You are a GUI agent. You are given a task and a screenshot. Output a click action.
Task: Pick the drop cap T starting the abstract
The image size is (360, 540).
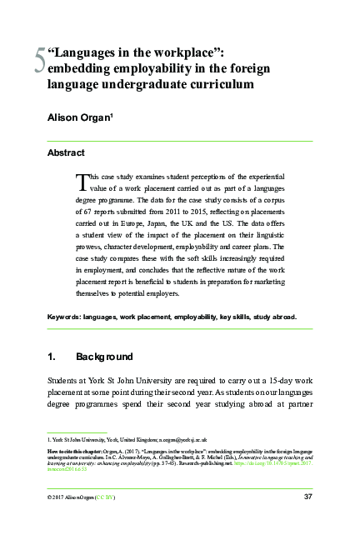tap(81, 180)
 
